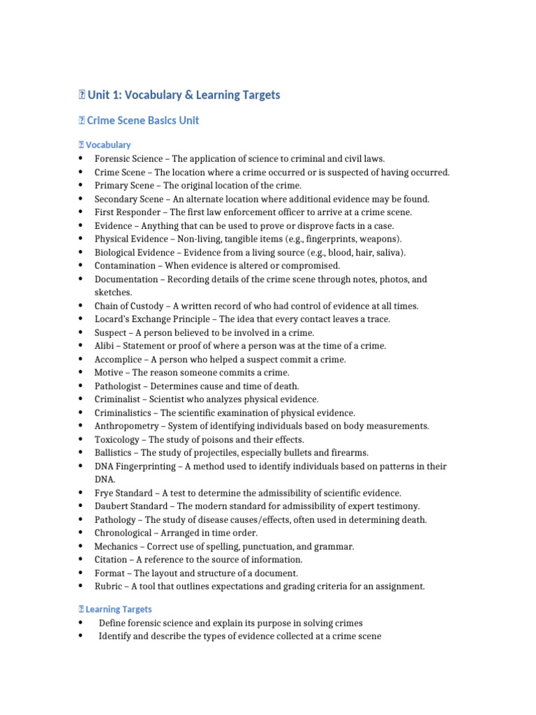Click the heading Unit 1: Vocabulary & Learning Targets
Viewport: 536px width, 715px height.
(184, 95)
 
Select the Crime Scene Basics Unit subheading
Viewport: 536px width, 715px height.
(142, 121)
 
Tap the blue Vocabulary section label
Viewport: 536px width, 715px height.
(107, 145)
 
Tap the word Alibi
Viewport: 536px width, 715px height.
(104, 346)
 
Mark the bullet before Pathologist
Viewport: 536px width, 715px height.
(81, 386)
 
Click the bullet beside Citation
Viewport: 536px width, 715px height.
(81, 560)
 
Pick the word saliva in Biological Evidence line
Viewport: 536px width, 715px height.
(386, 253)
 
